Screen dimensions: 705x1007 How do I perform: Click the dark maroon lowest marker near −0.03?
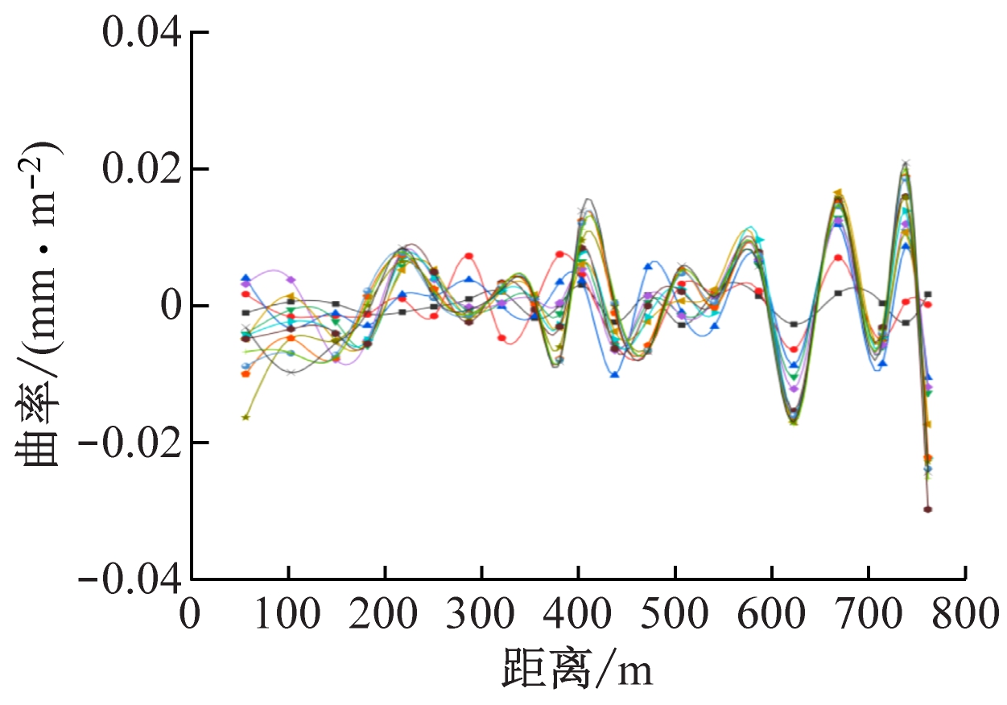[928, 509]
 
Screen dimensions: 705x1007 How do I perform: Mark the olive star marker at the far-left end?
[246, 417]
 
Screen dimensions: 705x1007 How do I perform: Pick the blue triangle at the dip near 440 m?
[615, 374]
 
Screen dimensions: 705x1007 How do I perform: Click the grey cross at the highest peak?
[906, 164]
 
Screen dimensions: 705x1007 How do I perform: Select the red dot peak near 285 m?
[469, 256]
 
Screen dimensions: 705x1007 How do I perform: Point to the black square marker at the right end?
[928, 295]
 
